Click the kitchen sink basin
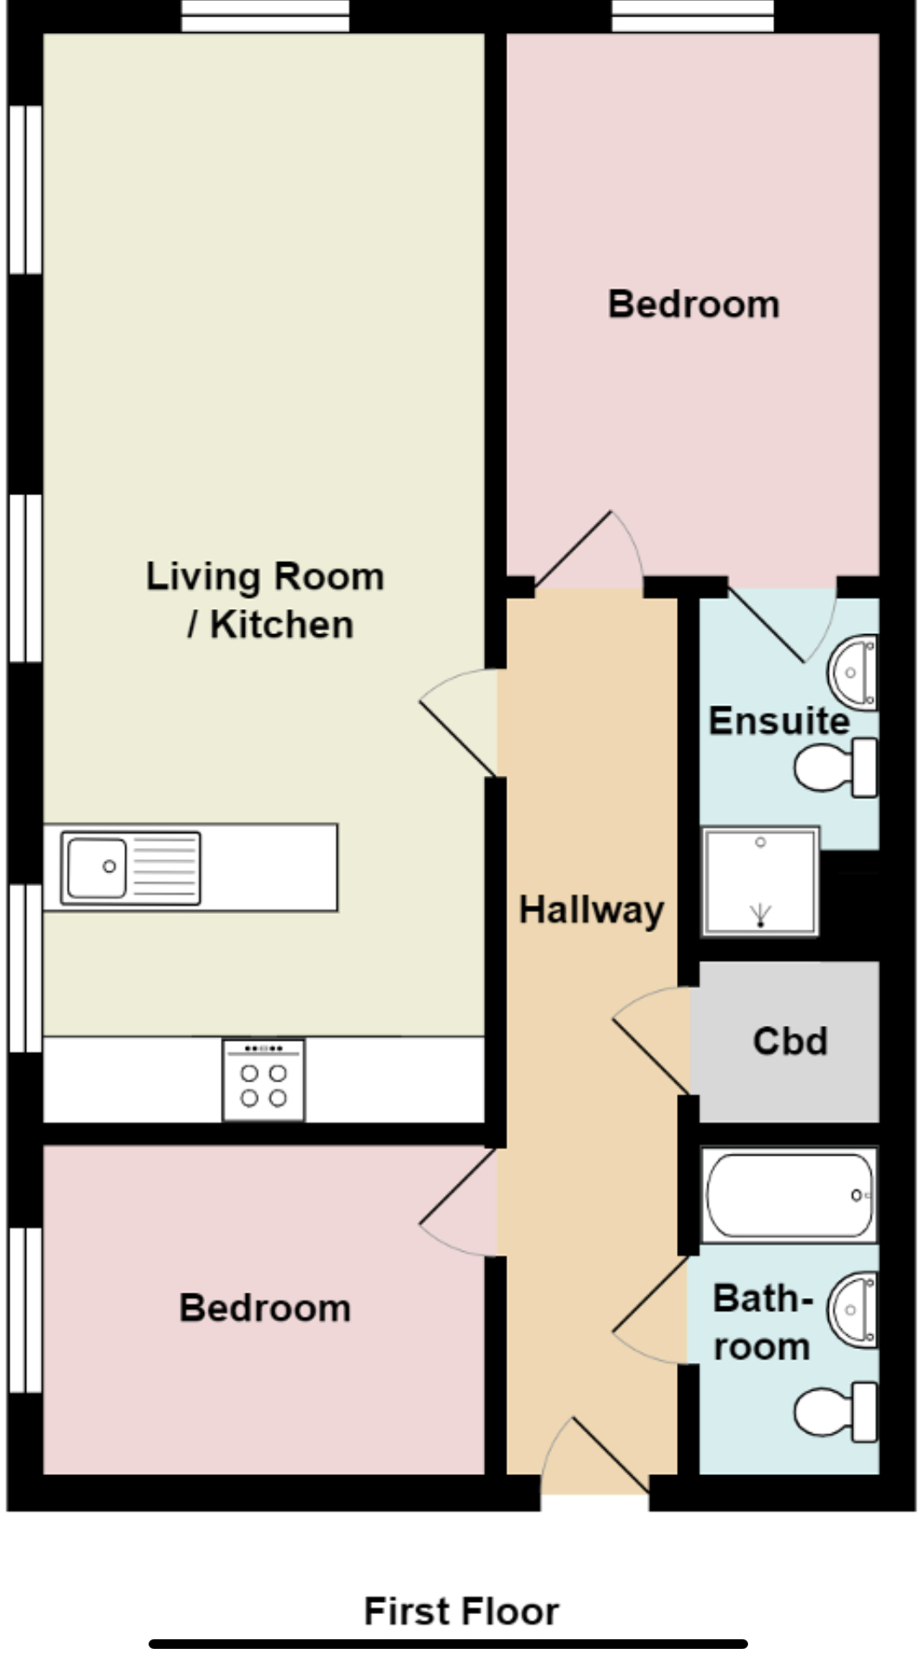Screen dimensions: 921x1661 96,867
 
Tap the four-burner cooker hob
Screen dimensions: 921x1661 263,1080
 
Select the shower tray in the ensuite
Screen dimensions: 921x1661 760,881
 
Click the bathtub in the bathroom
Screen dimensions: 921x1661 789,1195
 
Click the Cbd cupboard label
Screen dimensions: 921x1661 790,1041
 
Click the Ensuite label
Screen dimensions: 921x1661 779,721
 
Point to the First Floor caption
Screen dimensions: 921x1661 460,1611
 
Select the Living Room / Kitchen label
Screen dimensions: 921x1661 265,600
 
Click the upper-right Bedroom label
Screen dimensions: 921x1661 693,305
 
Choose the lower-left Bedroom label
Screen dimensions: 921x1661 265,1308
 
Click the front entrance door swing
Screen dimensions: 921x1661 594,1456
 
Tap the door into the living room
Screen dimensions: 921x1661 459,722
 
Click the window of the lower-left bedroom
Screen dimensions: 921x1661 25,1309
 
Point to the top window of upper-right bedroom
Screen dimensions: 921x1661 692,17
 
